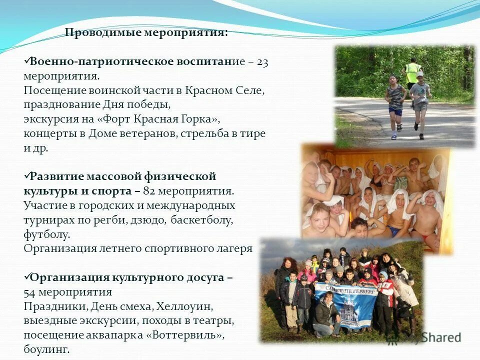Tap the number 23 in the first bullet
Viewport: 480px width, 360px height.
[263, 62]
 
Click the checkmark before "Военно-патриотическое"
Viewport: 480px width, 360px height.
[26, 61]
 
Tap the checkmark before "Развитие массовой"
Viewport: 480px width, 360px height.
[26, 176]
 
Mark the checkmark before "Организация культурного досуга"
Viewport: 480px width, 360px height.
[26, 277]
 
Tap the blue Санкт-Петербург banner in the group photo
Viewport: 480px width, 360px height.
[345, 302]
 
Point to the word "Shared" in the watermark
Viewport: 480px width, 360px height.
[440, 337]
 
